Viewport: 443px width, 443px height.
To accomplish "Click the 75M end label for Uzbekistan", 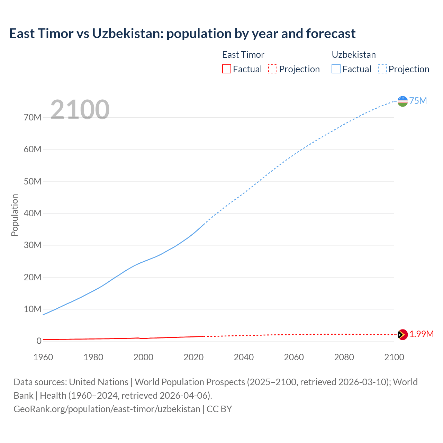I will (418, 101).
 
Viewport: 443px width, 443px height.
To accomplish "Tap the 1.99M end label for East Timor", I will (421, 334).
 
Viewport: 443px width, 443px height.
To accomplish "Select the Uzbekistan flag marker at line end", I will (403, 101).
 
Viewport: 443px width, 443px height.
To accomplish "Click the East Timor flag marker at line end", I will (403, 335).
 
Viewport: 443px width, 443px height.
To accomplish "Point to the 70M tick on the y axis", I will (33, 117).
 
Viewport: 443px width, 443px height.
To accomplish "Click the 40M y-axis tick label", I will (33, 213).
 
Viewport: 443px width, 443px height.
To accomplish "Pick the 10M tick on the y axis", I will (33, 309).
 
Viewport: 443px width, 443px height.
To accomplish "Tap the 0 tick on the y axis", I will (39, 341).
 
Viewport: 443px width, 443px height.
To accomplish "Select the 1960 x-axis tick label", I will (43, 357).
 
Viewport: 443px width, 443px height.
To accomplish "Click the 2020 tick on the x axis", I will (193, 357).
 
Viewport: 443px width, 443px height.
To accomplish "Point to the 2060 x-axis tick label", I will (294, 357).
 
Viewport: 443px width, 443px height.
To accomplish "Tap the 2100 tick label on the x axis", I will (394, 357).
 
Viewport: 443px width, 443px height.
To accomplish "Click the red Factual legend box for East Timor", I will (226, 69).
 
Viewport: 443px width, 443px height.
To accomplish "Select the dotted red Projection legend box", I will (273, 69).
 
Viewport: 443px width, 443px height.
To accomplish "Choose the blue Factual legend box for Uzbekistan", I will (336, 69).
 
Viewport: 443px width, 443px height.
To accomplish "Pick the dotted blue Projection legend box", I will (382, 69).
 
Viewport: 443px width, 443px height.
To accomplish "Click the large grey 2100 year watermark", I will (80, 110).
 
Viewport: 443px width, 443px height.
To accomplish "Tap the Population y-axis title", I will (15, 215).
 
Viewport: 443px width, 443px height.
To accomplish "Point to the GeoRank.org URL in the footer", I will (107, 409).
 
